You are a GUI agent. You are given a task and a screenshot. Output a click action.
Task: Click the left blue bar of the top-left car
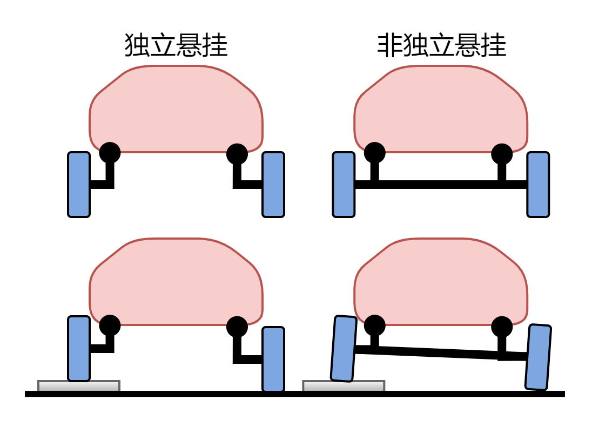[79, 185]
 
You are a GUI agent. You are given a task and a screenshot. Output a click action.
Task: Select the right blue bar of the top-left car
[273, 185]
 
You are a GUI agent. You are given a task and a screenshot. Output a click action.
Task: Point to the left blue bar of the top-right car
[344, 185]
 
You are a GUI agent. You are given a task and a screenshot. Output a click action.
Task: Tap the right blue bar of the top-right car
[538, 185]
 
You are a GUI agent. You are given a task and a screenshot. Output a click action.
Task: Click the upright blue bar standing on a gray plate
[79, 349]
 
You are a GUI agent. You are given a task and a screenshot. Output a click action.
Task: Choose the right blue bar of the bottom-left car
[273, 359]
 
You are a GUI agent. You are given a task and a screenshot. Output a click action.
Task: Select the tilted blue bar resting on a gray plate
[344, 349]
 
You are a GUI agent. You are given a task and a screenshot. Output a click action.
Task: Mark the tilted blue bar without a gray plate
[538, 357]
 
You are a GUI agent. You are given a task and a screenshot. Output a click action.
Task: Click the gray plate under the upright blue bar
[79, 386]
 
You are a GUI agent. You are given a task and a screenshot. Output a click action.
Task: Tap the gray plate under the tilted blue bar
[344, 386]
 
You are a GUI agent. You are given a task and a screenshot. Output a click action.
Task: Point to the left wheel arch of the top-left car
[110, 148]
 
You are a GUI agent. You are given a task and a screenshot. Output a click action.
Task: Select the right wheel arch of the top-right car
[502, 150]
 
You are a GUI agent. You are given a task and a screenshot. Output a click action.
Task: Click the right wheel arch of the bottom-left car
[237, 322]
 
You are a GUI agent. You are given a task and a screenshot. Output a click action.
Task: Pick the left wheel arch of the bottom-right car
[374, 321]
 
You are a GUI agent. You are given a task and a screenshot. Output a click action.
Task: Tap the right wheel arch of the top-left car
[237, 150]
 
